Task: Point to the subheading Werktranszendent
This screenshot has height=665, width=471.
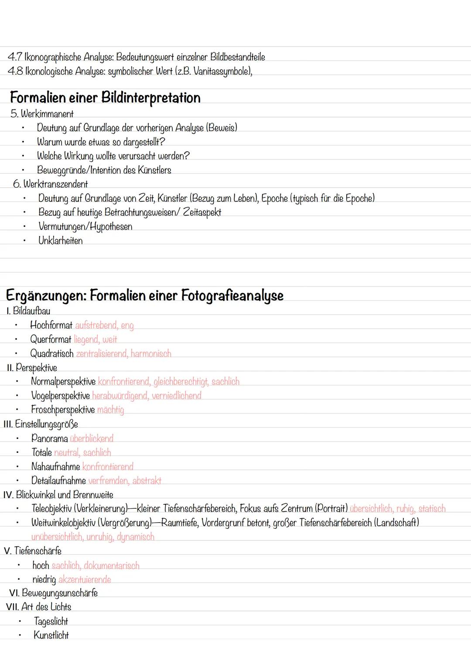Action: (x=55, y=184)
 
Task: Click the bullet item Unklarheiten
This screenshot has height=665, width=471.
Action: (x=60, y=241)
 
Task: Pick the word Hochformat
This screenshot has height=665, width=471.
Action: (x=51, y=325)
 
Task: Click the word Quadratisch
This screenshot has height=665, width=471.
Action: (x=51, y=354)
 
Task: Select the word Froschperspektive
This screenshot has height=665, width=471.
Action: (x=63, y=410)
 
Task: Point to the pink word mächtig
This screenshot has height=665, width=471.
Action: (x=110, y=410)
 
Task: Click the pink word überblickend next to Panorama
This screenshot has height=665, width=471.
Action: (x=92, y=439)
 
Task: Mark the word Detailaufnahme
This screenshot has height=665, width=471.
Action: (x=58, y=481)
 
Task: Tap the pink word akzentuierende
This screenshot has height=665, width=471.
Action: (x=85, y=580)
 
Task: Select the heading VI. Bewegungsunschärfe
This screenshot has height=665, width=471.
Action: (x=53, y=593)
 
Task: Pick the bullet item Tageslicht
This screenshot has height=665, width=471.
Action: (x=51, y=621)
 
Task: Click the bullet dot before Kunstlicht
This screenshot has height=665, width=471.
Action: (x=20, y=635)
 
